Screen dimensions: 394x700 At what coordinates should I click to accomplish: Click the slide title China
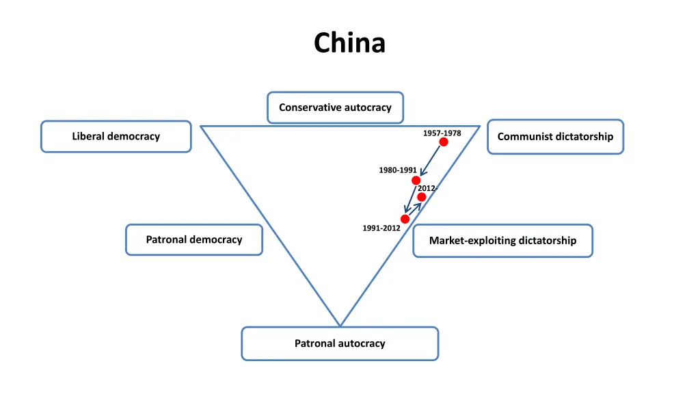349,43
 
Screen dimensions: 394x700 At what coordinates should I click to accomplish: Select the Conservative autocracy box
335,107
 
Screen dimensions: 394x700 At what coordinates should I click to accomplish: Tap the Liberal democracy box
116,136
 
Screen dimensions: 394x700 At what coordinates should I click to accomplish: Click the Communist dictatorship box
555,136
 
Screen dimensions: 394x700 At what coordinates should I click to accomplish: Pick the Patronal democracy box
193,239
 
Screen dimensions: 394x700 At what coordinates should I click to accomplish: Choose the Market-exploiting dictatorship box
502,240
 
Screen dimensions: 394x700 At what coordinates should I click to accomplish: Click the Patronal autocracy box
340,343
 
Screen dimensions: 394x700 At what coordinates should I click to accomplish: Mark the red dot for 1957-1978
444,142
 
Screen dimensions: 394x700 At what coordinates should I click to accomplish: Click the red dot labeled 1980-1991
416,181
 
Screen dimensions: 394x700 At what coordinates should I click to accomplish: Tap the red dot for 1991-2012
405,219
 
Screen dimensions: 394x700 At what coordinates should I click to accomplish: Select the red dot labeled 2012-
422,197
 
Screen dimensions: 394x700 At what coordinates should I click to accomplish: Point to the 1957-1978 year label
442,133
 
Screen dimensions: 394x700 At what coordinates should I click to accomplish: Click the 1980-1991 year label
398,170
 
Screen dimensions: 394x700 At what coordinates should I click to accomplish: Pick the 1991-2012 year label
381,228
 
